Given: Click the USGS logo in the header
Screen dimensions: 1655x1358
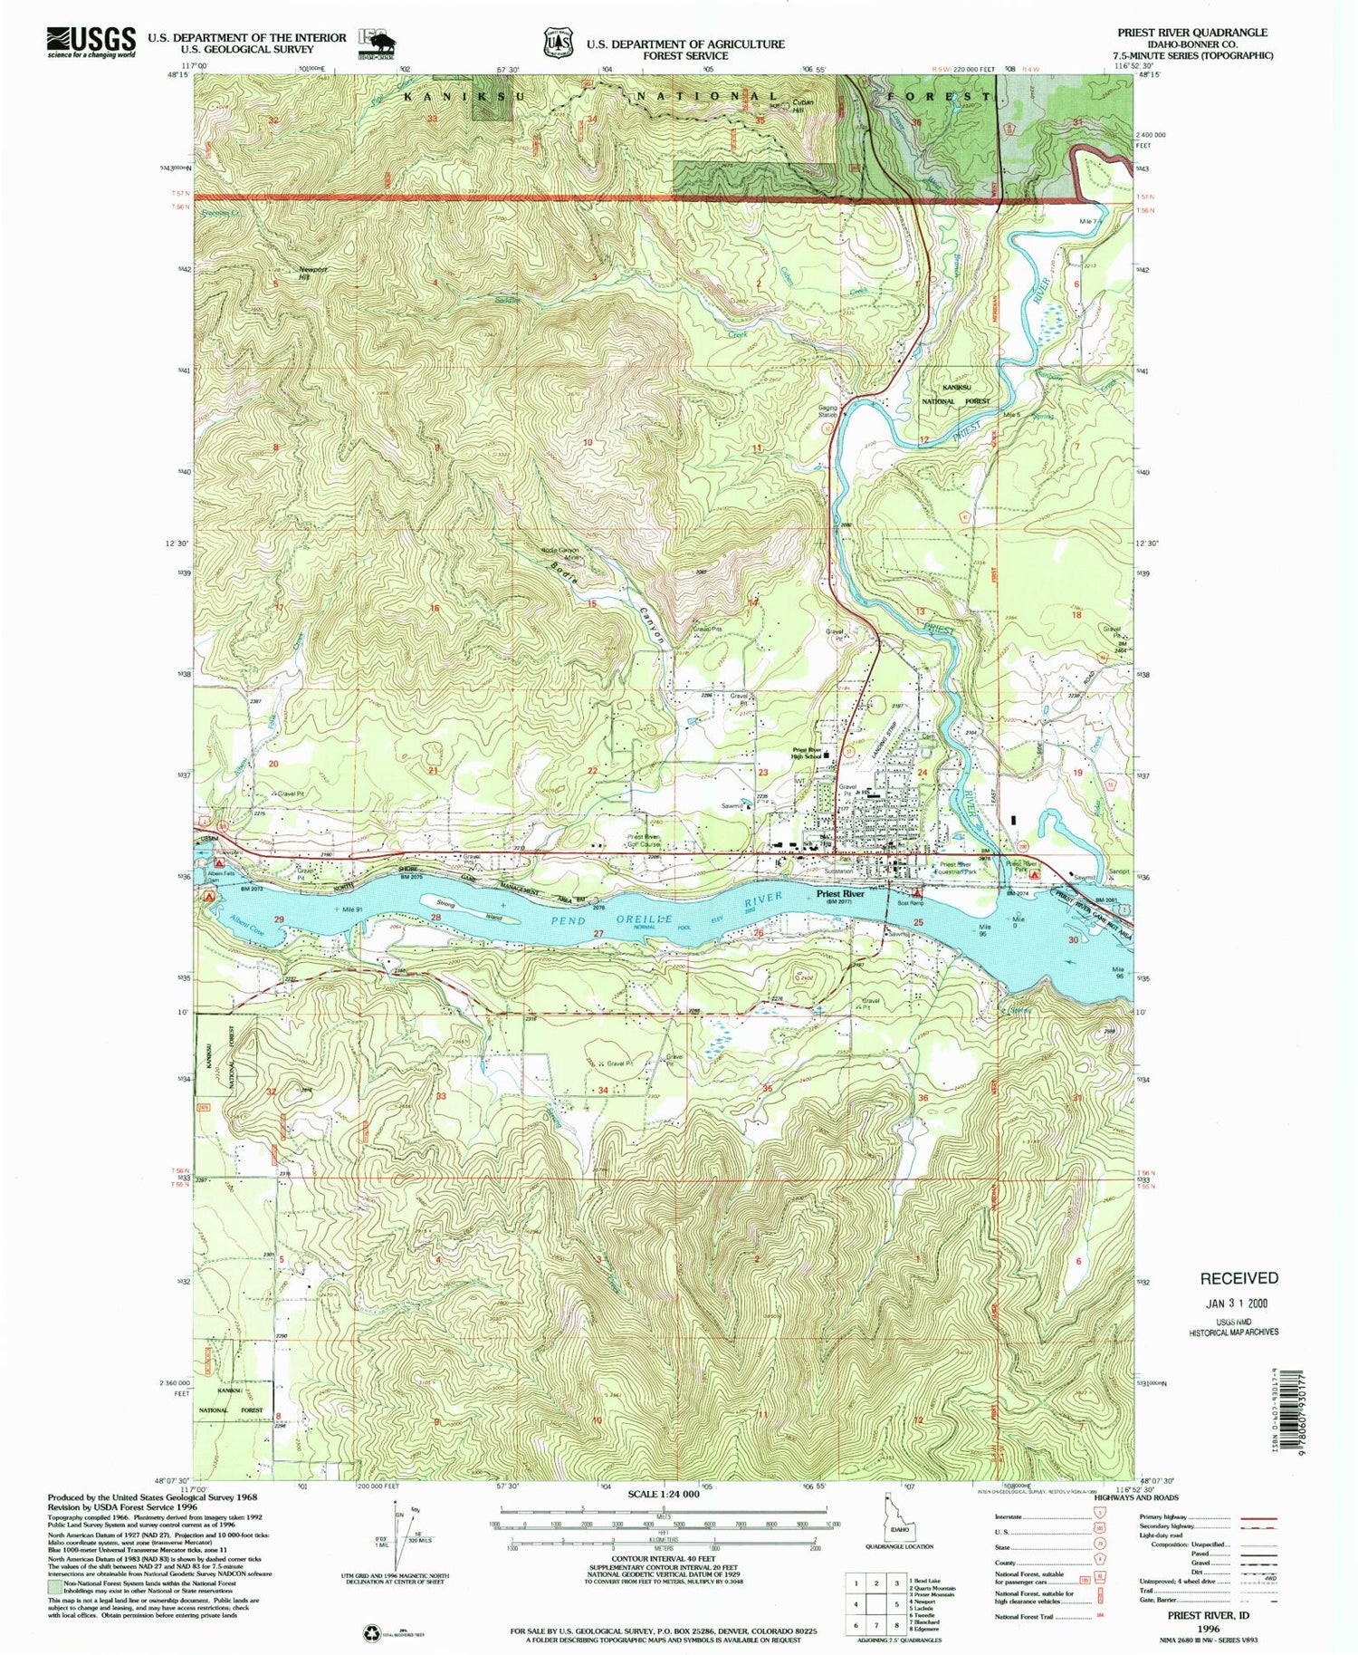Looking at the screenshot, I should (x=91, y=42).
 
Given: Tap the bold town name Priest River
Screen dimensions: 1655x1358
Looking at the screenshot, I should (x=840, y=893).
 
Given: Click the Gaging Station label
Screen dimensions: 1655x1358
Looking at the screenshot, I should (x=827, y=410).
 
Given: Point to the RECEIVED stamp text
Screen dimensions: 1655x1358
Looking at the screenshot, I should (x=1238, y=1278).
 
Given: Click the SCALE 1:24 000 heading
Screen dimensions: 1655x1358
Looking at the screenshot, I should (x=655, y=1493).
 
